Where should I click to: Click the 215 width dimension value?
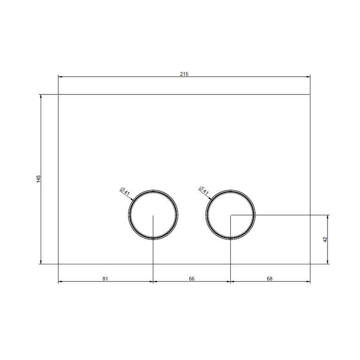pos(183,74)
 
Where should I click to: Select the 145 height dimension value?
pos(38,179)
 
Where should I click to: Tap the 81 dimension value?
pos(105,278)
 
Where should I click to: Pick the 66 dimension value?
pos(191,278)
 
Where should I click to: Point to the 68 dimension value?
pos(270,278)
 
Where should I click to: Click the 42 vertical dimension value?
pos(325,239)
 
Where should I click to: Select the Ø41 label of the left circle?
pos(126,191)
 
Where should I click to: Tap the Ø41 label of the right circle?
pos(204,191)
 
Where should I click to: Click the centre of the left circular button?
pos(152,215)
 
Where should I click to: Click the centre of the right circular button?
pos(230,215)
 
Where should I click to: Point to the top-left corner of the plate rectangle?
pos(58,94)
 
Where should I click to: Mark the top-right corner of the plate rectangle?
pos(310,94)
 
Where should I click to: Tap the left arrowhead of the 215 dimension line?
pos(60,77)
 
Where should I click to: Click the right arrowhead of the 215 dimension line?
pos(308,77)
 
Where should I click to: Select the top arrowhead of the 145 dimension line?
pos(41,96)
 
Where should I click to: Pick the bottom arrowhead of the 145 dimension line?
pos(41,262)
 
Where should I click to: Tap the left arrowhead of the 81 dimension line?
pos(60,282)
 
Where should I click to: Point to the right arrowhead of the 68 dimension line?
pos(308,282)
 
